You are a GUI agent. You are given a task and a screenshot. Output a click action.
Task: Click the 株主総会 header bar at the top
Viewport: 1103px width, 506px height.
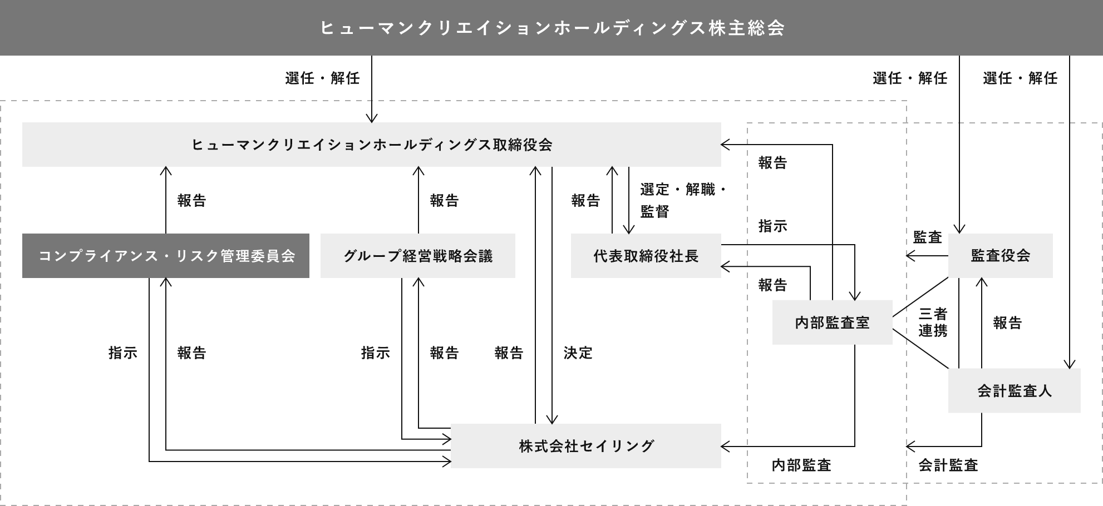[551, 28]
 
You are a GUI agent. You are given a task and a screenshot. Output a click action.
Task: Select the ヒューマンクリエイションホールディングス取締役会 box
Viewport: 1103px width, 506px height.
[371, 145]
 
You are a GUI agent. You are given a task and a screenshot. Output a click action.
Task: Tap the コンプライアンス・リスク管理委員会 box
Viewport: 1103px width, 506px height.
[166, 256]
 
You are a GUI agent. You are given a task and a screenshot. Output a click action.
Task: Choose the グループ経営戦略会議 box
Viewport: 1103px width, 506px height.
[417, 256]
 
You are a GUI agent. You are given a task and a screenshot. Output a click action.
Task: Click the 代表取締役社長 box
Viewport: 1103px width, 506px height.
[646, 256]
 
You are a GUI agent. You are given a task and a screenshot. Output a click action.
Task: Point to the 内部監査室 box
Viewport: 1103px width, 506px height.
[832, 323]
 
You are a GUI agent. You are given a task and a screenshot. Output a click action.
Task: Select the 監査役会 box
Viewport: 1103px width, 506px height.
[1000, 256]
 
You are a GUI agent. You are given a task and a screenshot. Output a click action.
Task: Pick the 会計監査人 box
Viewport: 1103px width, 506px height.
[1014, 391]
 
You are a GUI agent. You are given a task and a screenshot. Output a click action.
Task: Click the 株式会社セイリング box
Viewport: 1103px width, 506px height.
[585, 446]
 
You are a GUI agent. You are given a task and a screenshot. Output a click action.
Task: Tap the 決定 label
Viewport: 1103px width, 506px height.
[578, 353]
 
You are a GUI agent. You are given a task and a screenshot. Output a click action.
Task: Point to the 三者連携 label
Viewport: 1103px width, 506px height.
[933, 323]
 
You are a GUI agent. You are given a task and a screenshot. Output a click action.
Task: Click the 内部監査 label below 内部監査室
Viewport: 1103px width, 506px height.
[801, 465]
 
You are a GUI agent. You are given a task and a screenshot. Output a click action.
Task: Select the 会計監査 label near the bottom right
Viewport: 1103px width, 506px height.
[948, 465]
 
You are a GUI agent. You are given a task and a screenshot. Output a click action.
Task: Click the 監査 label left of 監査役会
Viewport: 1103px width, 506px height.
[927, 237]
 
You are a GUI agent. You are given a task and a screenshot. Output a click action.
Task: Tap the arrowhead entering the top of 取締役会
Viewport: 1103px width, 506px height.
[372, 118]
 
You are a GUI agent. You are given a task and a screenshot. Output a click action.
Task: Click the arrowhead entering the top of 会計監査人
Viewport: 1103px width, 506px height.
[1070, 364]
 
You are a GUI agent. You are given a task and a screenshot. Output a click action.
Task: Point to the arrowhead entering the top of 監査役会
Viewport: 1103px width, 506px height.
[959, 230]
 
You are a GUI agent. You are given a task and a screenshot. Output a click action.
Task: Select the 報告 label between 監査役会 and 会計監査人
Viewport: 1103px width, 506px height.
[1007, 323]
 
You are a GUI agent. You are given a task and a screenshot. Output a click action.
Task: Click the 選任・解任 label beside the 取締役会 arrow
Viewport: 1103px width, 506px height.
[322, 78]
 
